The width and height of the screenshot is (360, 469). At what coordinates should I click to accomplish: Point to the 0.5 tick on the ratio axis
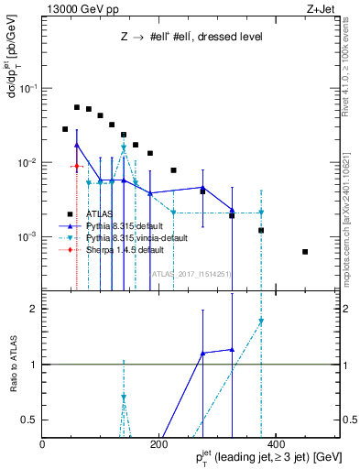tap(29, 420)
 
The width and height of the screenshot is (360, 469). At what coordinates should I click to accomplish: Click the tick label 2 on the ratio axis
tap(33, 309)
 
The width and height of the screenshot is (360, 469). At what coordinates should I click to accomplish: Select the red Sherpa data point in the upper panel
tap(77, 167)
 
